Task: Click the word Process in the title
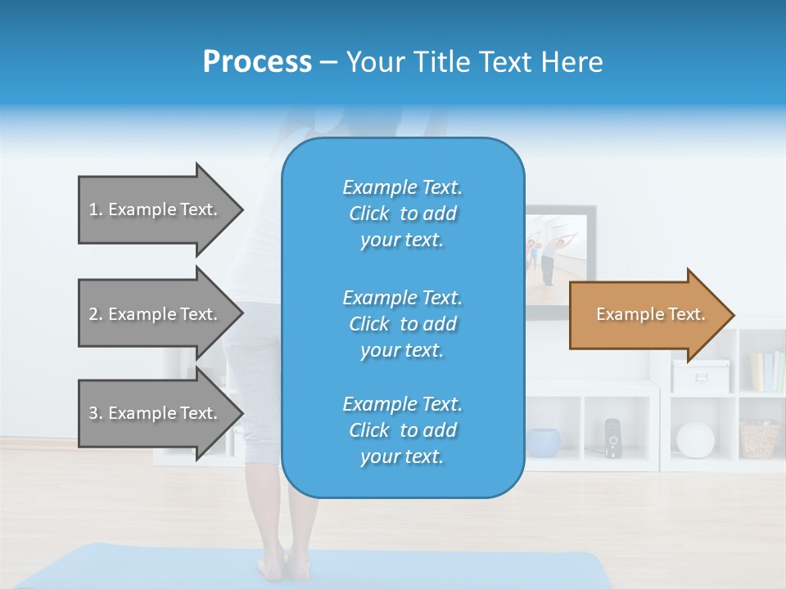(257, 62)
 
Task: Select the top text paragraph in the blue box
(402, 214)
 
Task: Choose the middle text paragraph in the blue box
(402, 324)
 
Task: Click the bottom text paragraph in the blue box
(402, 430)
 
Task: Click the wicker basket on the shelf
(759, 439)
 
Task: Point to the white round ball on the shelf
(695, 440)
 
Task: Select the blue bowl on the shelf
(543, 442)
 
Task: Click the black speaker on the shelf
(612, 438)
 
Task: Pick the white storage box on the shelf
(701, 375)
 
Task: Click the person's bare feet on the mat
(275, 565)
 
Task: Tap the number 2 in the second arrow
(93, 314)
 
